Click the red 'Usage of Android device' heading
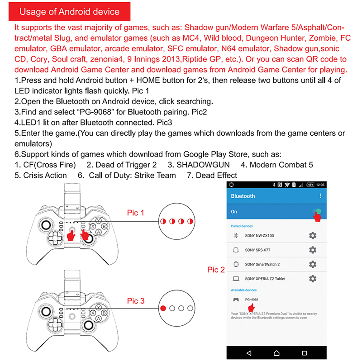coord(70,12)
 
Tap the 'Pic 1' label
coord(136,213)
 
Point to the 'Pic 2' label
coord(216,270)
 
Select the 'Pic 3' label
coord(136,301)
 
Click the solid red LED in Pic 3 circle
coord(163,308)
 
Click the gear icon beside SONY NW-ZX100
coord(312,235)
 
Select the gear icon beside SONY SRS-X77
coord(312,250)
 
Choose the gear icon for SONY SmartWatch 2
coord(312,264)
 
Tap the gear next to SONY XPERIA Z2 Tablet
coord(312,279)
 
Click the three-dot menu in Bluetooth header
coord(320,196)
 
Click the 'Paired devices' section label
coord(242,226)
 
